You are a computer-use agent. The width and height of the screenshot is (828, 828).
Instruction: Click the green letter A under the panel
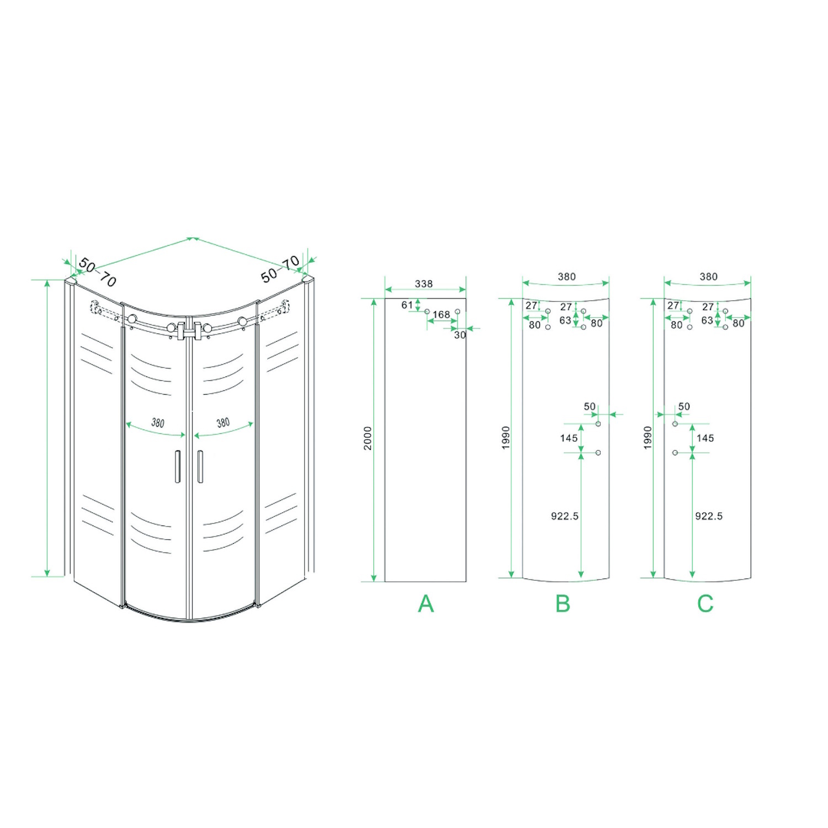pyautogui.click(x=426, y=603)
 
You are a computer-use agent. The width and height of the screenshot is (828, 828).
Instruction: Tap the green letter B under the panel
pyautogui.click(x=562, y=603)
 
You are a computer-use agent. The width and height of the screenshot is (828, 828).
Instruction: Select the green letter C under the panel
pyautogui.click(x=705, y=603)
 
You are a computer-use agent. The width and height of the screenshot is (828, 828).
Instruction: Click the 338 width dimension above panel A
pyautogui.click(x=424, y=284)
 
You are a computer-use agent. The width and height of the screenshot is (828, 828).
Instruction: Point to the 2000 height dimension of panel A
pyautogui.click(x=368, y=438)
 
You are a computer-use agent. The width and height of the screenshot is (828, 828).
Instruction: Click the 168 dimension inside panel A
pyautogui.click(x=441, y=315)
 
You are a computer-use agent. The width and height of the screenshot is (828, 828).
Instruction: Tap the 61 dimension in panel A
pyautogui.click(x=407, y=305)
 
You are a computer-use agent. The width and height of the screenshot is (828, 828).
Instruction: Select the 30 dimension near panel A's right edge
pyautogui.click(x=460, y=335)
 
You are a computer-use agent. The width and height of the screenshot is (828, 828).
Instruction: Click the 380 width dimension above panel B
pyautogui.click(x=567, y=277)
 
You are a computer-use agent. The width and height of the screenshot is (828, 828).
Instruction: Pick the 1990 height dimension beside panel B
pyautogui.click(x=506, y=438)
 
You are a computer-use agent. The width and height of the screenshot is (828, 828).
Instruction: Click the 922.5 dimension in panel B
pyautogui.click(x=565, y=516)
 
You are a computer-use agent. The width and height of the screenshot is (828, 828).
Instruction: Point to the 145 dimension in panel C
pyautogui.click(x=705, y=438)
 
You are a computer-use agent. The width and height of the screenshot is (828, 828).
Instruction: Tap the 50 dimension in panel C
pyautogui.click(x=684, y=406)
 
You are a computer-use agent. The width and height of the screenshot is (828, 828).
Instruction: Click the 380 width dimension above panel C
pyautogui.click(x=709, y=277)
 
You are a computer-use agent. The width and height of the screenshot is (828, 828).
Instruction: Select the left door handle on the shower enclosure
pyautogui.click(x=178, y=466)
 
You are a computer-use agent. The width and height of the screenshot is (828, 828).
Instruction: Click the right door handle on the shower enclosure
pyautogui.click(x=200, y=466)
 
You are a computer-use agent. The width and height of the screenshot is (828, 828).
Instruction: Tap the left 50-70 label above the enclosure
pyautogui.click(x=98, y=272)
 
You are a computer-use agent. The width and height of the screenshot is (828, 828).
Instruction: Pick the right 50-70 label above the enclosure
pyautogui.click(x=280, y=269)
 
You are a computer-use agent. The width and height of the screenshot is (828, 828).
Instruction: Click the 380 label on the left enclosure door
pyautogui.click(x=158, y=423)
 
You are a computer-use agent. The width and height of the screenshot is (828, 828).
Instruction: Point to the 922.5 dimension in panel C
pyautogui.click(x=709, y=516)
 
